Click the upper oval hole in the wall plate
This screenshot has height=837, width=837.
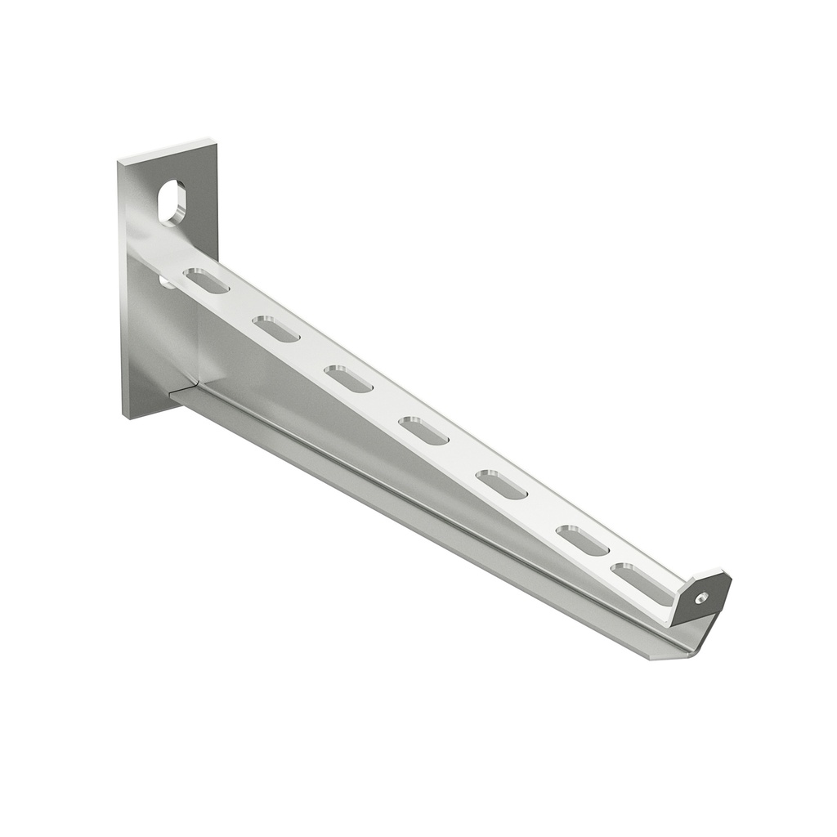pos(172,203)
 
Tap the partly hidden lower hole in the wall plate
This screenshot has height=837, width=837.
pos(166,282)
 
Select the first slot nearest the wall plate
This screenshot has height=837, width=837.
pos(206,280)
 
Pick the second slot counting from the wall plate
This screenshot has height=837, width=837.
pos(275,329)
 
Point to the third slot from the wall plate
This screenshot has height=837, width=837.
pos(348,378)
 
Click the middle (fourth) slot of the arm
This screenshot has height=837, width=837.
pos(423,431)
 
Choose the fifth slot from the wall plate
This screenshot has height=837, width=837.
pos(501,484)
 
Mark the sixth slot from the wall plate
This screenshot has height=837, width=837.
pos(582,540)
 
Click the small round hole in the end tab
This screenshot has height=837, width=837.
pos(700,598)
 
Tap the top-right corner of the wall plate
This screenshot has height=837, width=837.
pos(216,144)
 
